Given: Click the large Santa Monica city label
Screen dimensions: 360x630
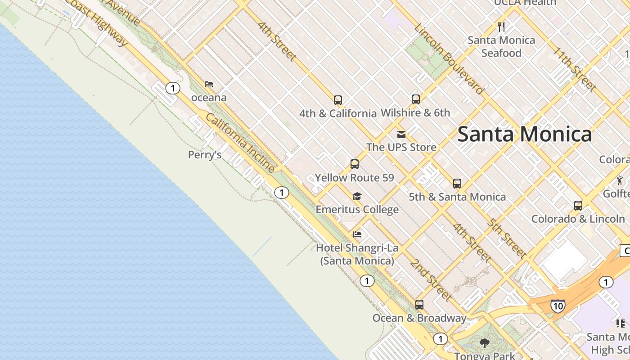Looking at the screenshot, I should pos(524,134).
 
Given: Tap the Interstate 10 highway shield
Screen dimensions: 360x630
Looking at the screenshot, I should pos(558,306).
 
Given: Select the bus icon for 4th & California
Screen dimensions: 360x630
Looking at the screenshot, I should pos(338,100).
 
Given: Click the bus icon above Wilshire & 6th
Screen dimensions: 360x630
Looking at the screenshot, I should pos(416,99).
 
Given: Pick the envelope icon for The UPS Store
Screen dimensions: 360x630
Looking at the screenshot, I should pos(401,134).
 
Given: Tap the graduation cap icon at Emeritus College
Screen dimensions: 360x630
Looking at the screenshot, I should pos(357,196).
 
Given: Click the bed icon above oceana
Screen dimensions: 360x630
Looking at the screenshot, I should pos(209,84).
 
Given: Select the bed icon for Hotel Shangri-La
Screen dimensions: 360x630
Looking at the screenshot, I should pos(357,234).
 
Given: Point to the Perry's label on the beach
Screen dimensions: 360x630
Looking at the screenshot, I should pos(205,155).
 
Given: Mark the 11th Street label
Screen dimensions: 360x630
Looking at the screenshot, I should pos(575,68).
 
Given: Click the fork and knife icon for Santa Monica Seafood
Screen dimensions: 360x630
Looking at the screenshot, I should pos(502,27).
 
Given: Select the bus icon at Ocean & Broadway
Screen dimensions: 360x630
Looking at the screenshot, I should pos(419,305).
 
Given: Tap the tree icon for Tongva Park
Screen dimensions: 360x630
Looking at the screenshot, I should pos(485,343).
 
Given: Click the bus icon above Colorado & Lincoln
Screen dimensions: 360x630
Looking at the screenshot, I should pos(578,206).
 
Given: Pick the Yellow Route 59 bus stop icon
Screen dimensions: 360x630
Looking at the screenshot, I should pos(355,164).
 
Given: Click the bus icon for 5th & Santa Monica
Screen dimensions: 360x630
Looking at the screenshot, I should pos(457,184).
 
